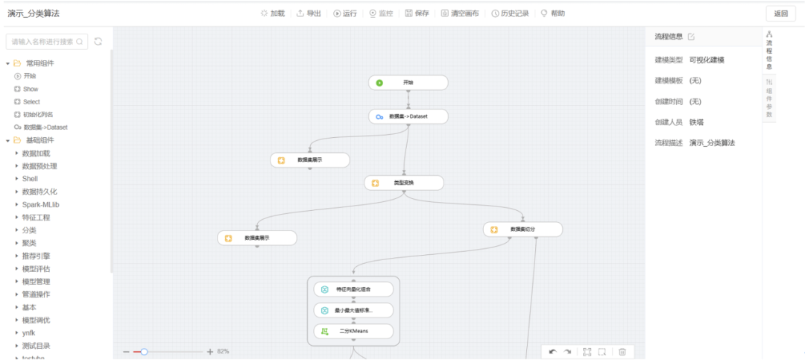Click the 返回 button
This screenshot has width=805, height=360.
(x=780, y=13)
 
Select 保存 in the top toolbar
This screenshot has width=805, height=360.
(x=417, y=13)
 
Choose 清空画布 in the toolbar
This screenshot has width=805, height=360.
(x=460, y=13)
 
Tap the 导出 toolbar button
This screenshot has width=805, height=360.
(x=309, y=13)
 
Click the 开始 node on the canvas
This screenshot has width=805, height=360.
(x=408, y=82)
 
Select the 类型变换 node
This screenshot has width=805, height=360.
(x=403, y=183)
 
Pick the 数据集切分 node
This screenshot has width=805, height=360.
(x=522, y=230)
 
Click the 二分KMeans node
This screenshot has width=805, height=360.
(x=354, y=331)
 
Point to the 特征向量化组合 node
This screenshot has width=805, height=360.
(x=354, y=289)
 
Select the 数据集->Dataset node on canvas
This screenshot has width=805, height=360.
(x=408, y=116)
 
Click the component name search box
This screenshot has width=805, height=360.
(x=45, y=42)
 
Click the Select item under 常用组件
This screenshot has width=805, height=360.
(x=31, y=101)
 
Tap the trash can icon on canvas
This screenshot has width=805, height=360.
(x=622, y=352)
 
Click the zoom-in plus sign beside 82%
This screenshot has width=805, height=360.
(x=210, y=351)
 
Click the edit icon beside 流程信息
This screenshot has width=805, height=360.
(x=691, y=37)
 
